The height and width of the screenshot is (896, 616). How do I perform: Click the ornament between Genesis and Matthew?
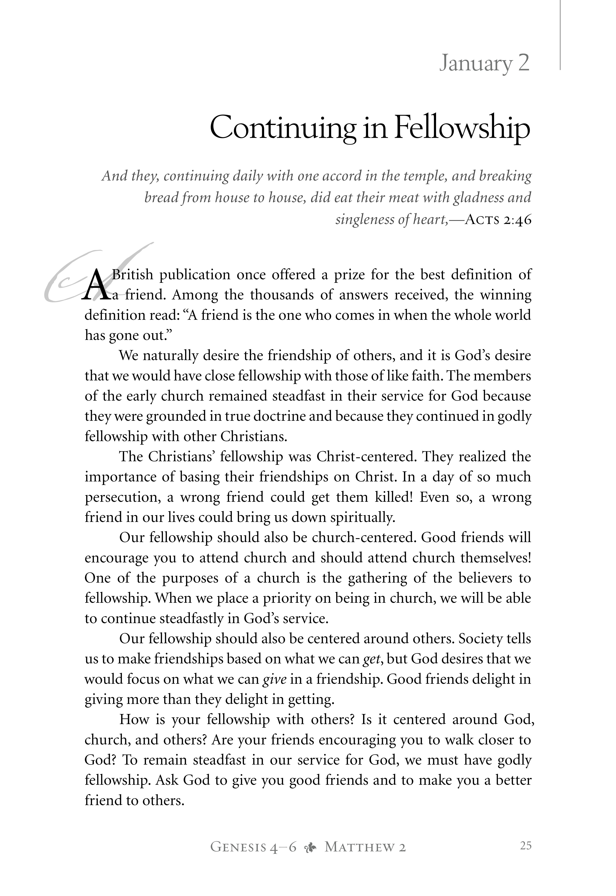[x=310, y=847]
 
